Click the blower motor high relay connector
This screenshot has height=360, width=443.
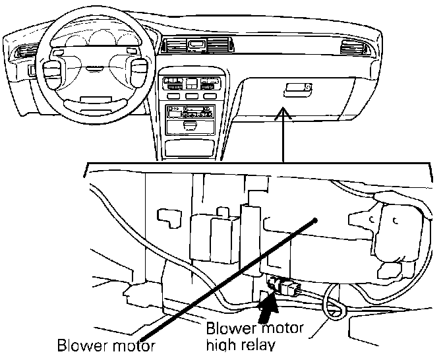point(285,287)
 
